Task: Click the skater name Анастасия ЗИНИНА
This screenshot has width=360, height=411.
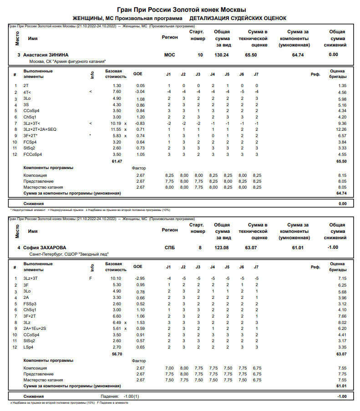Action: click(46, 55)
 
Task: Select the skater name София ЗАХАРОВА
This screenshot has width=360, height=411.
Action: click(45, 247)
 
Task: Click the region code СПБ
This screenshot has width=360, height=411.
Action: click(170, 247)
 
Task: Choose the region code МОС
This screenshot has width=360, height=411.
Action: click(169, 55)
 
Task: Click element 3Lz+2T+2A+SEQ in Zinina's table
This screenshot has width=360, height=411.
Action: click(40, 129)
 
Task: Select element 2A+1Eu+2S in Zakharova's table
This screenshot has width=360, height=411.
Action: click(36, 328)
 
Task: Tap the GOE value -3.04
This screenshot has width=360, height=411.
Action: click(140, 92)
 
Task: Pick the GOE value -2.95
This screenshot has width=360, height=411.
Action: click(140, 278)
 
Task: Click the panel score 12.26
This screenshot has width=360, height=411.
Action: click(340, 129)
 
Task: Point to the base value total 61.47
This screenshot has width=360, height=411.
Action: click(117, 161)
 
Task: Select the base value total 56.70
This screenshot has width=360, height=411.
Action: click(117, 354)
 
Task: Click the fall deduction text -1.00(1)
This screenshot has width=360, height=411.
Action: click(130, 396)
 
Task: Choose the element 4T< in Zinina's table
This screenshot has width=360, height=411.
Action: click(28, 92)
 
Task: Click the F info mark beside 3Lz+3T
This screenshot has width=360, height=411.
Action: click(91, 278)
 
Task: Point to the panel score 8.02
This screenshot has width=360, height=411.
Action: click(341, 322)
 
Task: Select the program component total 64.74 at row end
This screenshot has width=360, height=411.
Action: click(340, 193)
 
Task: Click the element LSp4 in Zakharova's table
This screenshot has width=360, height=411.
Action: click(28, 347)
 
